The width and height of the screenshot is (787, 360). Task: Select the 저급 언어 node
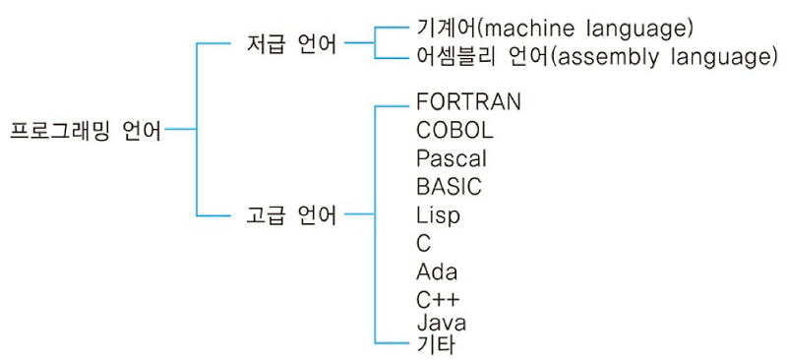pos(290,44)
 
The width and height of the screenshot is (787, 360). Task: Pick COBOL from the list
pos(454,130)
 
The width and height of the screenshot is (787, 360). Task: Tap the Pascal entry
pos(452,158)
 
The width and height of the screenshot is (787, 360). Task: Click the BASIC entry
pos(449,186)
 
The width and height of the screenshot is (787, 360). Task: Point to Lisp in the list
pos(438,214)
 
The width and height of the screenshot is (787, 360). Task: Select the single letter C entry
pos(424,243)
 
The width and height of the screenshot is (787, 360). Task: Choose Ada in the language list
pos(437,271)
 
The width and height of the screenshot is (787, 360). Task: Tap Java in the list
pos(442,323)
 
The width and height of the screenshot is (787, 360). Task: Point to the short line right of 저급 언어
pos(360,43)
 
